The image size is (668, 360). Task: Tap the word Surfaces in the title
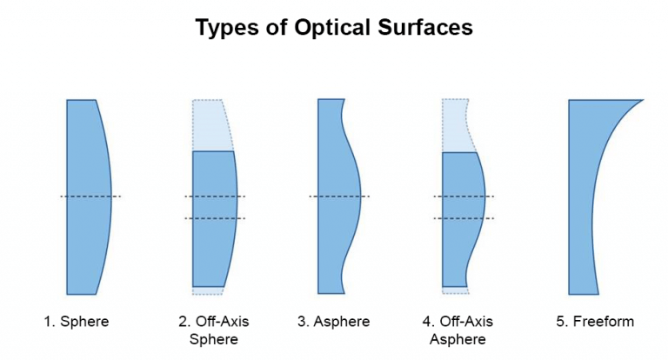click(x=425, y=27)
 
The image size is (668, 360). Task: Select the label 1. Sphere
click(x=77, y=321)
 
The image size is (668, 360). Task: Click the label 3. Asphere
click(x=334, y=321)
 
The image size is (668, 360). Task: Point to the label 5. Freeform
click(x=595, y=321)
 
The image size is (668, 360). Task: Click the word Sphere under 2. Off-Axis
click(x=214, y=339)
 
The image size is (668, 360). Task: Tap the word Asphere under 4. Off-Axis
click(x=458, y=339)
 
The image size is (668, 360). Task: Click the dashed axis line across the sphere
click(x=90, y=197)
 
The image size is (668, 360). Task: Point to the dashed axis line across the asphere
click(x=339, y=197)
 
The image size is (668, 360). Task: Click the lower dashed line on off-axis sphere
click(x=215, y=218)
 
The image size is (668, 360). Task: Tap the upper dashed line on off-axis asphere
click(x=464, y=197)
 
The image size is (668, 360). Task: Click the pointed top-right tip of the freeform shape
click(x=643, y=100)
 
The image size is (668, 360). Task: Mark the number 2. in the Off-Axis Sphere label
click(x=184, y=321)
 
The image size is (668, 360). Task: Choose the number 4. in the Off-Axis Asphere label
click(x=429, y=321)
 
